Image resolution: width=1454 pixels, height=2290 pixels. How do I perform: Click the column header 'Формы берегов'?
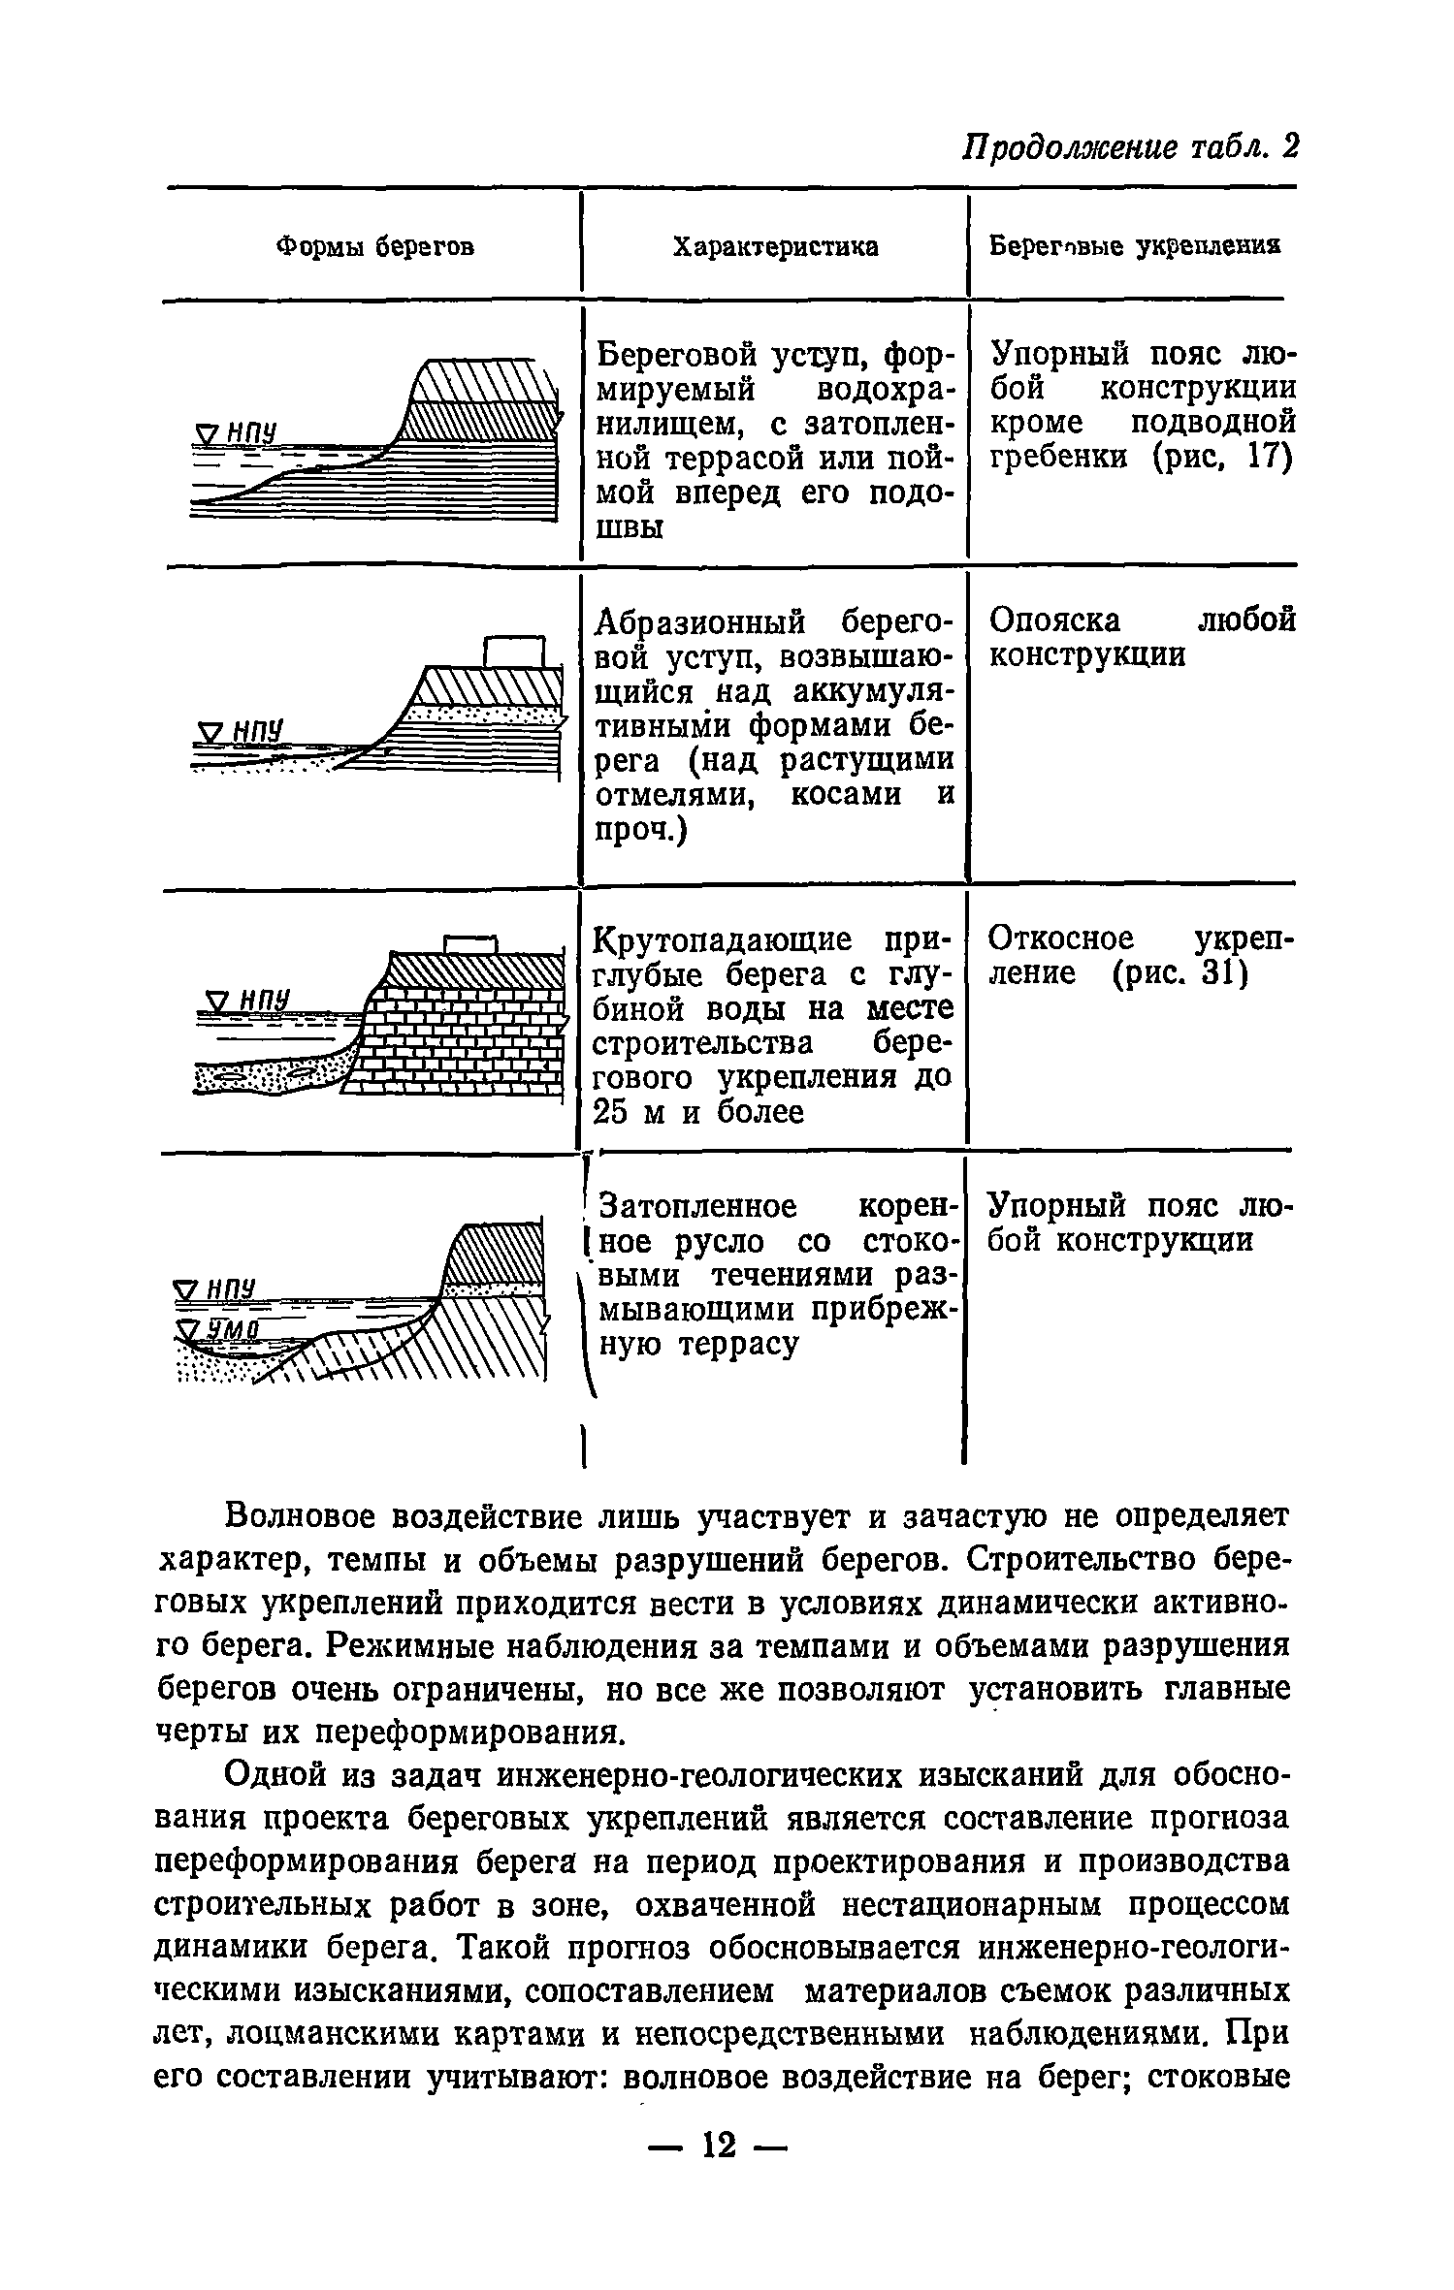click(375, 247)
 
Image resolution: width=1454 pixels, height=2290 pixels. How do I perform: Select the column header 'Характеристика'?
click(775, 247)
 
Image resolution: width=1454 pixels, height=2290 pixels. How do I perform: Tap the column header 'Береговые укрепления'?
click(1134, 246)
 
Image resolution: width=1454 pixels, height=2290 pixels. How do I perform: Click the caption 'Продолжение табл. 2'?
click(1129, 146)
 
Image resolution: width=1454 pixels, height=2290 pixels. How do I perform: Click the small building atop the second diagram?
click(515, 651)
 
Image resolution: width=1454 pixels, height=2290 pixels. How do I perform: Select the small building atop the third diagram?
click(470, 943)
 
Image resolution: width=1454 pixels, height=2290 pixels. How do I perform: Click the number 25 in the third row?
click(612, 1112)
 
